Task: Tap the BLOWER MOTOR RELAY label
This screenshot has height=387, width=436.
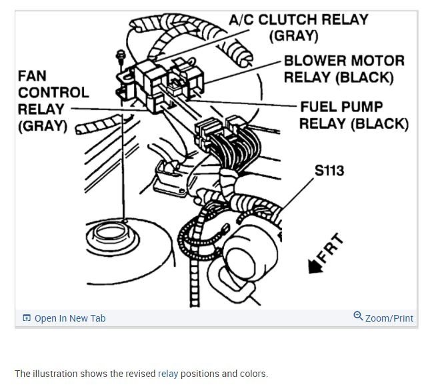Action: [x=344, y=69]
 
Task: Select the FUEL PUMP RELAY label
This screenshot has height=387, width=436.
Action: [x=353, y=115]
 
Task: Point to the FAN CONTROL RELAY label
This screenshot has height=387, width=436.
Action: [x=52, y=100]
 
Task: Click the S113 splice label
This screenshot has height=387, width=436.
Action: [x=329, y=171]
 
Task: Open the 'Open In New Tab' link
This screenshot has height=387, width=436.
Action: [x=69, y=318]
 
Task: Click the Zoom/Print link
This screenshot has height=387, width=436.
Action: [x=389, y=318]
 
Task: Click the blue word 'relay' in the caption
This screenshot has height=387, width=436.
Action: [x=168, y=374]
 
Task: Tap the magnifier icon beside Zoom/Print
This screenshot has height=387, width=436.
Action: [x=358, y=317]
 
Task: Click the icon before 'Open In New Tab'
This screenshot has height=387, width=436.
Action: [x=27, y=318]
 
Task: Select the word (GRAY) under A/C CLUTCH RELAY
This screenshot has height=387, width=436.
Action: [x=294, y=36]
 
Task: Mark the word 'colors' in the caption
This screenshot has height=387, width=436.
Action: [x=251, y=374]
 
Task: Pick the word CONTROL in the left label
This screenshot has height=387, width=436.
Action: [x=53, y=93]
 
